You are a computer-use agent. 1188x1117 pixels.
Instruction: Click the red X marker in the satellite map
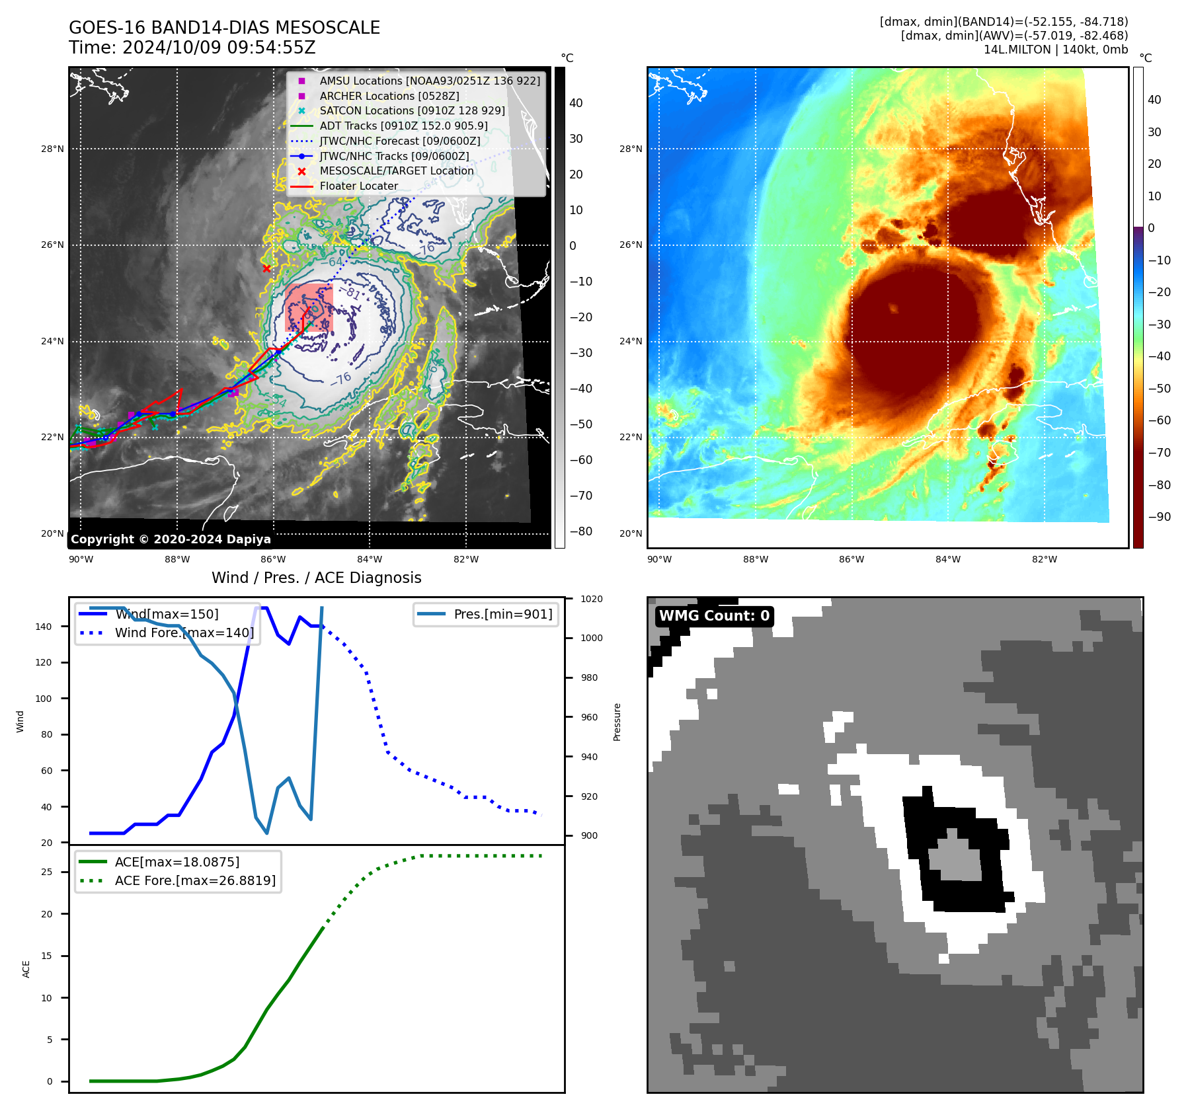[266, 268]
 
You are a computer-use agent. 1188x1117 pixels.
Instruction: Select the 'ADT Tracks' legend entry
[403, 126]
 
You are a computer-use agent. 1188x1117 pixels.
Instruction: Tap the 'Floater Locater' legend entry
[358, 186]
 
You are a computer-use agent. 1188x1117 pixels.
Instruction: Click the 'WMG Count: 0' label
[714, 616]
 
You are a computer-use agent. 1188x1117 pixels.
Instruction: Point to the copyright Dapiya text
[171, 539]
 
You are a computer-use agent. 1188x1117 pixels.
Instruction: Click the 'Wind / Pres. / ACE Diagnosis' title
[316, 578]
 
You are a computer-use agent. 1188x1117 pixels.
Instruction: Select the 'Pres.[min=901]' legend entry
[502, 614]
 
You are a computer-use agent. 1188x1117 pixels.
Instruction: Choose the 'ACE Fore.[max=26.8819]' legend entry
[195, 880]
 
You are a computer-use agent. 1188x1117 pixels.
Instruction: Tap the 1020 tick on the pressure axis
[592, 599]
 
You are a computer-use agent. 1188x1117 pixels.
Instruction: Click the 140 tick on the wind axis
[44, 627]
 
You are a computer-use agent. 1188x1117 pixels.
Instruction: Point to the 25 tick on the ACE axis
[46, 872]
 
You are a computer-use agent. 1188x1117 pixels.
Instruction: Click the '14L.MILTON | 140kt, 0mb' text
[1056, 50]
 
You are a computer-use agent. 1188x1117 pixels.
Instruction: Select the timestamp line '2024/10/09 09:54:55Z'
[192, 48]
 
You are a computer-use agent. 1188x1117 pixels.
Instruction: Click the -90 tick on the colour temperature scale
[1159, 517]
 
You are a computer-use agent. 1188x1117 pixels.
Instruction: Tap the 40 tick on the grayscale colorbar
[576, 103]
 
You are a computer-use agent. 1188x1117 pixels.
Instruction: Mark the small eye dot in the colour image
[894, 308]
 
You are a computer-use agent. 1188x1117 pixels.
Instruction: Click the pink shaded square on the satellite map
[309, 308]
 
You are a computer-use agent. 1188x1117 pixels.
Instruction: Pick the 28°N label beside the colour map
[630, 149]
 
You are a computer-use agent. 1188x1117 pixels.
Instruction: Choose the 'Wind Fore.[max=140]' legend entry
[184, 633]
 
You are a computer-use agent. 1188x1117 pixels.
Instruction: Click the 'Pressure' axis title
[617, 722]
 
